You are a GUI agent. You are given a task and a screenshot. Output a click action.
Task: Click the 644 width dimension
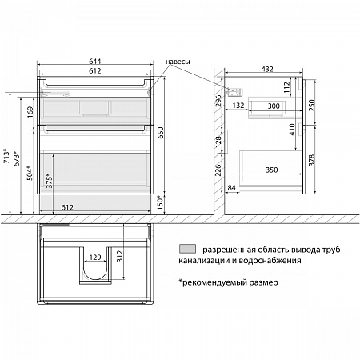click(x=95, y=62)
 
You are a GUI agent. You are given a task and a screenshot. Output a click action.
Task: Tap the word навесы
click(x=178, y=62)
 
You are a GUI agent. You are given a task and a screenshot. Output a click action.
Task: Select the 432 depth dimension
click(x=267, y=69)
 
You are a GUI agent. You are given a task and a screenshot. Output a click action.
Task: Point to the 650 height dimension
click(x=160, y=133)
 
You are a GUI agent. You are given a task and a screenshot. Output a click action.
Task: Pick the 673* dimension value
click(x=17, y=158)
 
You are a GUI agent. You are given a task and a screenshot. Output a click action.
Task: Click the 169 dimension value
click(x=30, y=112)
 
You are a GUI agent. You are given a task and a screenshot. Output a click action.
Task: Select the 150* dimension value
click(x=160, y=202)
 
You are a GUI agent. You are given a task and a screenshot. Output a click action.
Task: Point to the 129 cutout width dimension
click(x=95, y=258)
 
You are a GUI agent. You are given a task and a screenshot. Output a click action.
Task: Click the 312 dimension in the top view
click(x=120, y=256)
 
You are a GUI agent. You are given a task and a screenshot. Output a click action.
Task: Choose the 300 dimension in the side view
click(x=274, y=106)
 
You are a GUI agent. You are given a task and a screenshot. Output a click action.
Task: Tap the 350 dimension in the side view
click(x=272, y=170)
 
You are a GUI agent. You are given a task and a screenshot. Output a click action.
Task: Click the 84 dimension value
click(x=231, y=188)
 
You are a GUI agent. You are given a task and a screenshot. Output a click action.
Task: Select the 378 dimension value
click(x=312, y=160)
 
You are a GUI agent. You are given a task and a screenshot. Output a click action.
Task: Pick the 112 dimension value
click(x=286, y=87)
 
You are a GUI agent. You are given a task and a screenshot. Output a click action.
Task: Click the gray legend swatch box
click(x=187, y=249)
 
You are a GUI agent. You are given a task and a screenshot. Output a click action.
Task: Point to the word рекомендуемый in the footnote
click(x=212, y=282)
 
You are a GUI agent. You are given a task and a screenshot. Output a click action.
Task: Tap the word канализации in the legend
click(x=204, y=261)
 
